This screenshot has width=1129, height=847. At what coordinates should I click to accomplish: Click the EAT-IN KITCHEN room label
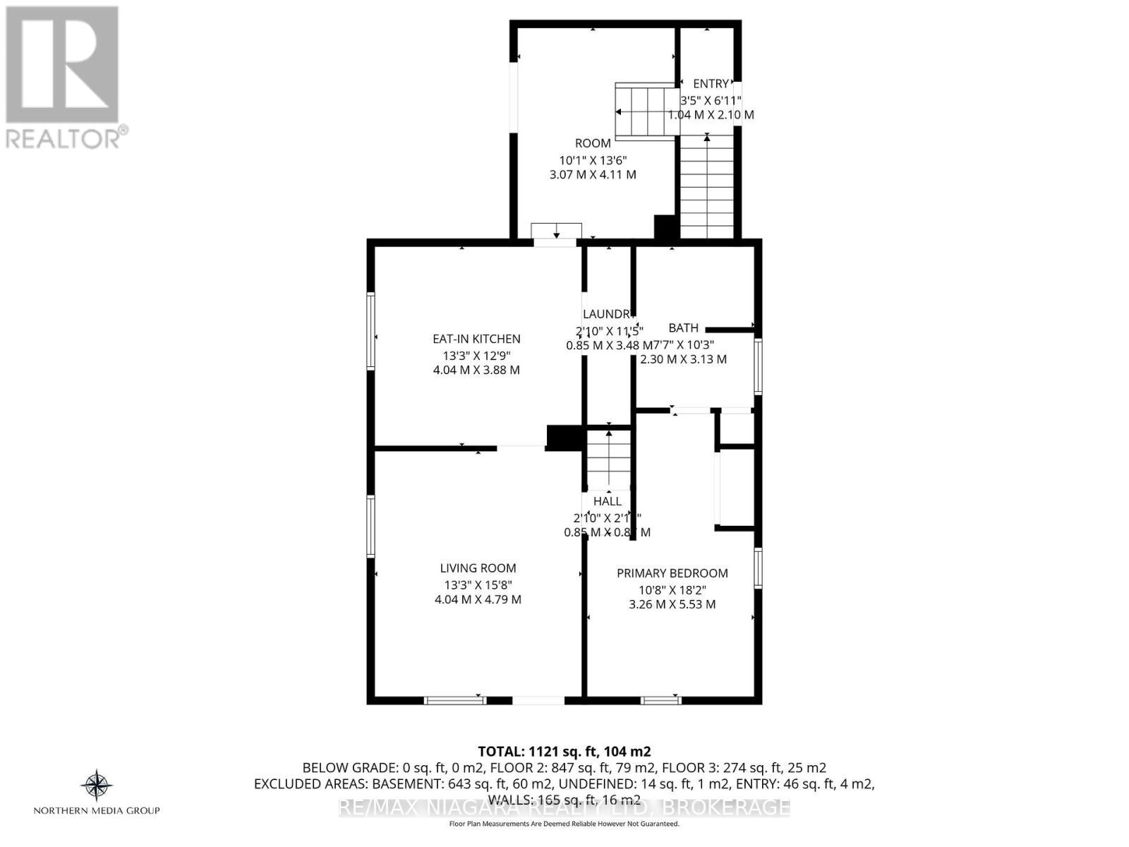click(476, 339)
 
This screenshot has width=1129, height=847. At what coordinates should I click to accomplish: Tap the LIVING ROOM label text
click(478, 568)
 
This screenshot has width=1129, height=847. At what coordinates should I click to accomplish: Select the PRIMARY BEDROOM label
click(672, 573)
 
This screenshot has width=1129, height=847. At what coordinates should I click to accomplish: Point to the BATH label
click(683, 328)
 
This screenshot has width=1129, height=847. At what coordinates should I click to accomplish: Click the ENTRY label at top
click(711, 84)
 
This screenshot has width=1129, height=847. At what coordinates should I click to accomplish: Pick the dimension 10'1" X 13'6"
click(593, 160)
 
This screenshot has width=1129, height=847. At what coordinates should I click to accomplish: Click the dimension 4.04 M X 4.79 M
click(478, 600)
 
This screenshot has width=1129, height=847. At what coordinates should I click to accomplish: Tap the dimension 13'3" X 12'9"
click(476, 355)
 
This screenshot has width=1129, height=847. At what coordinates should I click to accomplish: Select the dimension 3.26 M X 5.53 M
click(672, 605)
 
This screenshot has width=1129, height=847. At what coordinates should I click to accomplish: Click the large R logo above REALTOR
click(62, 64)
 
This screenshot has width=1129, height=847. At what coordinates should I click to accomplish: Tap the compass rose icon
click(97, 785)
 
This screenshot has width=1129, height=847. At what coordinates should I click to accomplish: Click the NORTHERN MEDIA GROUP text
click(97, 810)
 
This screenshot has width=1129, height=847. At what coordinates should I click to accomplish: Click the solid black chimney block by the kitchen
click(564, 437)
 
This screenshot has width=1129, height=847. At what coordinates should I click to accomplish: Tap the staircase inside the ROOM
click(645, 112)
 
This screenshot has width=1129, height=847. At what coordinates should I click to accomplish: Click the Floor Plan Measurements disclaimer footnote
click(564, 824)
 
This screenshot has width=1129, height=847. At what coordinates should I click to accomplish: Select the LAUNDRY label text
click(606, 314)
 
